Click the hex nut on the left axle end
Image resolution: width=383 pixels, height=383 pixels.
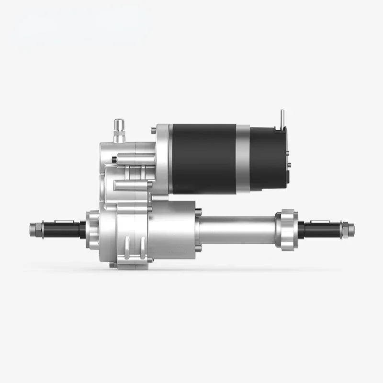coord(35,230)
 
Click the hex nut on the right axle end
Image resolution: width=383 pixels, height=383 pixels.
coord(348,230)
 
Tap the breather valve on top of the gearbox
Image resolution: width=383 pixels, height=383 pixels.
coord(119,131)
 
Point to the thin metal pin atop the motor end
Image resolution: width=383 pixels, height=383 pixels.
coord(282,117)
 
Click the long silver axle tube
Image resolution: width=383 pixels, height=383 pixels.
coord(237,230)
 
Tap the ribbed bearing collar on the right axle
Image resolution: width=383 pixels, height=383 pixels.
coord(287,229)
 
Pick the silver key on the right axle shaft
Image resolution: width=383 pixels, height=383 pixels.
coord(319,222)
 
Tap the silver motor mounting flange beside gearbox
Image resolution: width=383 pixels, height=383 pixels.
coord(163,158)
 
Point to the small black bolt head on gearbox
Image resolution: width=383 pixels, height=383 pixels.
coord(114,159)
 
